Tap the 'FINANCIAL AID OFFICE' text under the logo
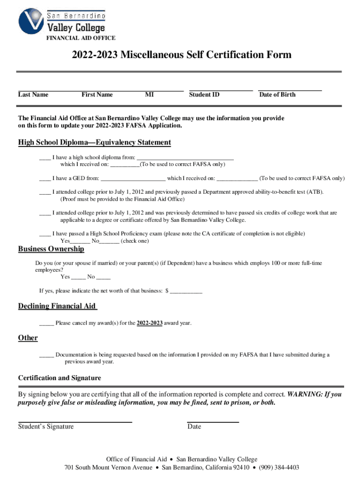point(80,38)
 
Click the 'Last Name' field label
point(33,94)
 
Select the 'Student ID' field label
point(204,94)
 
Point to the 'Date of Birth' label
point(277,94)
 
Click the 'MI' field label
point(149,94)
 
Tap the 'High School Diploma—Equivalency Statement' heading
point(94,142)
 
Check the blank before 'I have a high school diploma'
point(45,158)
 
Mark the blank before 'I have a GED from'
point(45,178)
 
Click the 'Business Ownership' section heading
point(51,249)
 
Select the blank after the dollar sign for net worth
point(186,291)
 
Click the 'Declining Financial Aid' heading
point(57,306)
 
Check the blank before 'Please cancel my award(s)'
point(46,323)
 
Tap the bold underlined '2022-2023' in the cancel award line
point(150,323)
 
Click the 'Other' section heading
point(28,338)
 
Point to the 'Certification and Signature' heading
point(59,378)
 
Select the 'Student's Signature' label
point(46,427)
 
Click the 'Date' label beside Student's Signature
point(194,427)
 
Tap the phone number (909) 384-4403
point(279,467)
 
